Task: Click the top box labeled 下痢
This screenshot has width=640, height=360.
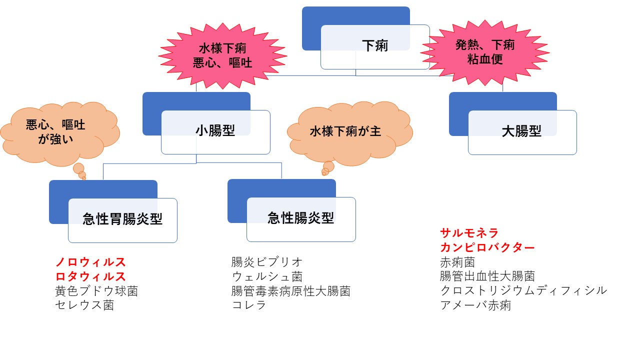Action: (374, 46)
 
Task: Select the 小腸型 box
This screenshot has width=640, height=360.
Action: (215, 131)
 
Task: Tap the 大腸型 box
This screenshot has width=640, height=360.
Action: (521, 132)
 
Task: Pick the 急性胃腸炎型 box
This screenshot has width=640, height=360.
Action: (122, 219)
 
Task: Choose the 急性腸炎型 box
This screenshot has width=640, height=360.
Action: (300, 218)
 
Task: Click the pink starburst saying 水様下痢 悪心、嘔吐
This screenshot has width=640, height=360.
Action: (222, 55)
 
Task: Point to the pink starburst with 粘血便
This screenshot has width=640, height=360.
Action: (484, 52)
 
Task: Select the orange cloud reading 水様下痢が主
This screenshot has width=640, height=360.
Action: (345, 131)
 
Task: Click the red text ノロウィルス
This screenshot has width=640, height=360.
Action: (90, 262)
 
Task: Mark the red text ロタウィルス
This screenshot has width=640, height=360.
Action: (90, 276)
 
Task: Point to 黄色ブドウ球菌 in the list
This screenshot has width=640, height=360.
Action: (96, 291)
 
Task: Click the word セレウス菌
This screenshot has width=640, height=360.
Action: (84, 305)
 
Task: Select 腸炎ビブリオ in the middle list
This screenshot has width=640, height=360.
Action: (267, 262)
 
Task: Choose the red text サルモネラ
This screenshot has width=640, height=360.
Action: (469, 233)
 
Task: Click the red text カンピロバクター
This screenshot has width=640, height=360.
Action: (487, 247)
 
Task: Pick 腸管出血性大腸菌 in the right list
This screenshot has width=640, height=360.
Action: (487, 276)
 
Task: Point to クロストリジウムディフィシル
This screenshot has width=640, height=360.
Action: (523, 290)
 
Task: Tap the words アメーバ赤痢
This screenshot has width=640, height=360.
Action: (475, 305)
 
